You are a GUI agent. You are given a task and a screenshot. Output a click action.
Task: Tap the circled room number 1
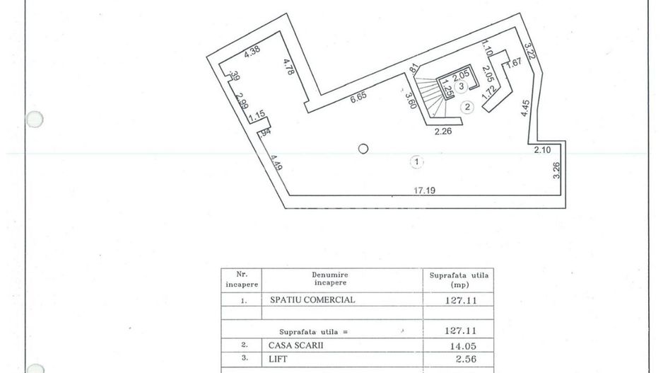418,162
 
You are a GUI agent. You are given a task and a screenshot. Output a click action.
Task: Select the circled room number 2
467,107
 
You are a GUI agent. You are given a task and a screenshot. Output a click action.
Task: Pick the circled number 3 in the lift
461,87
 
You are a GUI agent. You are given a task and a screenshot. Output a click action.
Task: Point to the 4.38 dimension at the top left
253,52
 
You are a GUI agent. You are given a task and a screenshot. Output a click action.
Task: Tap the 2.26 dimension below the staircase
443,130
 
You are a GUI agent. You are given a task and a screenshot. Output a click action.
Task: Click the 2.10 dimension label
543,149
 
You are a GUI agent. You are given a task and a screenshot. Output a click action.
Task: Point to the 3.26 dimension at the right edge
556,171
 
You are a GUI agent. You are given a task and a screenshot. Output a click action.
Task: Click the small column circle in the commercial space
363,149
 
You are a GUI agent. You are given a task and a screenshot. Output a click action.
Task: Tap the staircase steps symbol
429,96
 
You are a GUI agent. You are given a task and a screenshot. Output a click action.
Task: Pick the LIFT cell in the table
278,359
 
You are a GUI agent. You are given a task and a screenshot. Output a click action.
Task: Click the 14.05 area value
460,345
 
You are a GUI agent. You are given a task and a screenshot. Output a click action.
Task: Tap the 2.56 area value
460,359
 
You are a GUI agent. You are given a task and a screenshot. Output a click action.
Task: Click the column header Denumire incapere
329,277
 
